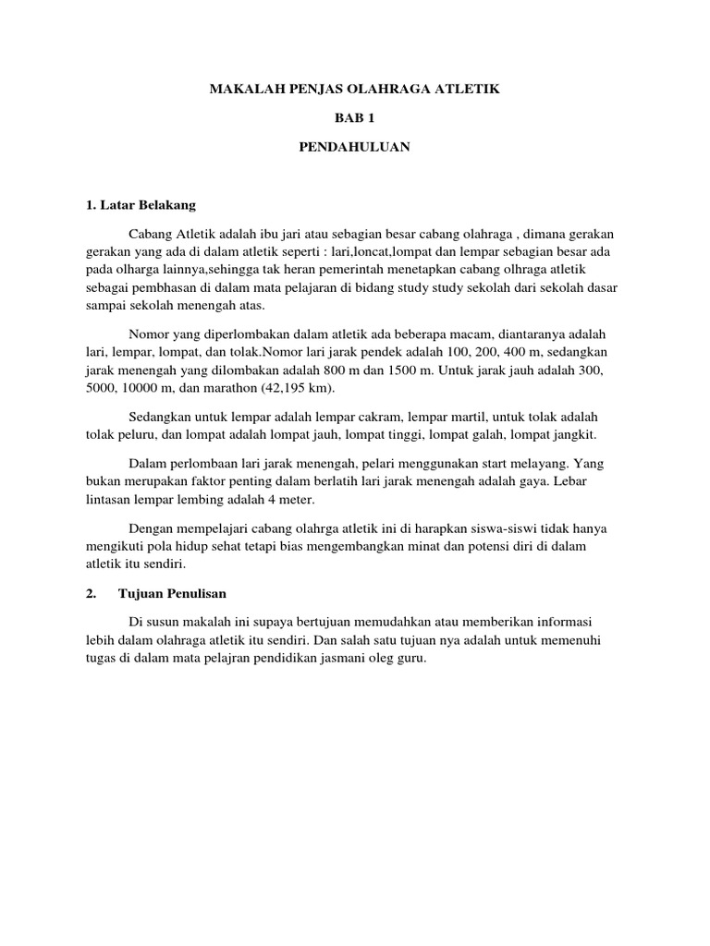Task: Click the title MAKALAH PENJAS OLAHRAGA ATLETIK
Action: point(354,90)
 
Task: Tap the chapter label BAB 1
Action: point(355,118)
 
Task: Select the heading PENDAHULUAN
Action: point(355,147)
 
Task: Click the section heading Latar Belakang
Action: point(146,204)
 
